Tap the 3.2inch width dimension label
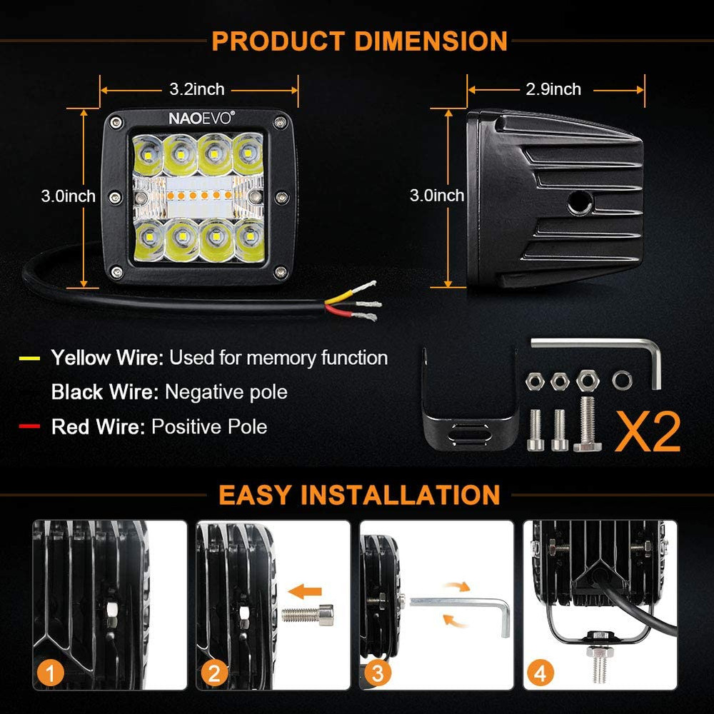pyautogui.click(x=197, y=89)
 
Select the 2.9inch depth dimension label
pyautogui.click(x=553, y=89)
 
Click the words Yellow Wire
pyautogui.click(x=106, y=358)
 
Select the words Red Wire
pyautogui.click(x=98, y=427)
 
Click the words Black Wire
pyautogui.click(x=104, y=392)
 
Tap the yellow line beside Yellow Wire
pyautogui.click(x=30, y=358)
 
